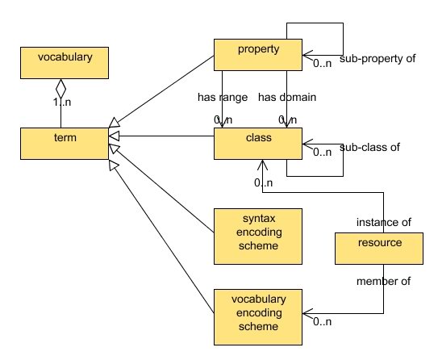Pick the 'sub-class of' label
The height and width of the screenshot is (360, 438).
click(370, 149)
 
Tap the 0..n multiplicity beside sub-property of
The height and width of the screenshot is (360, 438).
click(323, 62)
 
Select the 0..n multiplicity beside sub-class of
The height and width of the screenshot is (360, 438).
click(323, 152)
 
